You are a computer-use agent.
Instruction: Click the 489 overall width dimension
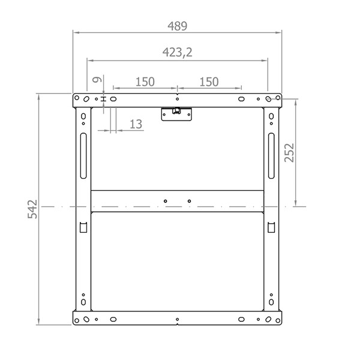pos(177,26)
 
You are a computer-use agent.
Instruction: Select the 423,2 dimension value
pos(177,52)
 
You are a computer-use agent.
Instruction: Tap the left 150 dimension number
pos(145,82)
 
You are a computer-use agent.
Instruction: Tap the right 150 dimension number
pos(209,82)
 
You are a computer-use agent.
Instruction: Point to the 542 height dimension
pos(32,209)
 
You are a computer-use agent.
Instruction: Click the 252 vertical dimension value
pos(289,152)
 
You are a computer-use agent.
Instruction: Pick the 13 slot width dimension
pos(136,124)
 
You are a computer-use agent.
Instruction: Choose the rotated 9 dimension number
pos(97,80)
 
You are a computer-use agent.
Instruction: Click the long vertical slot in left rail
pos(83,155)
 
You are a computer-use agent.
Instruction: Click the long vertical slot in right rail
pos(271,155)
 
